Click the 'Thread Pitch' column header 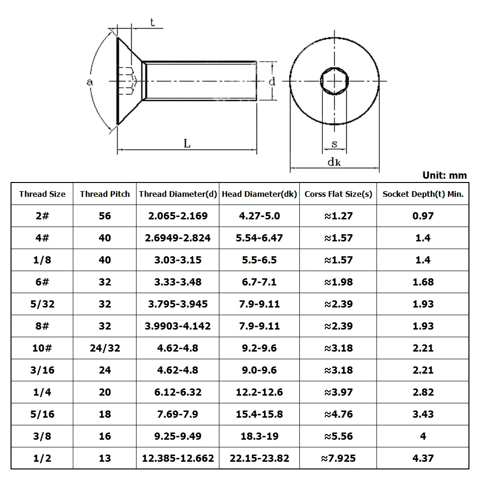point(104,194)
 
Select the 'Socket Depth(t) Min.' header point(422,194)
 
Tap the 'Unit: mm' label point(444,175)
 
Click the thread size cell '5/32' point(42,304)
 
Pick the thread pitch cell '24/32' point(104,348)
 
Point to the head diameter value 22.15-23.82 point(259,458)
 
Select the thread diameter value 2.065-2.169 point(178,216)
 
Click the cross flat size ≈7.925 point(338,458)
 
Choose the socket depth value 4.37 point(422,458)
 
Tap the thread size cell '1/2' point(42,458)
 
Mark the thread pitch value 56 point(104,216)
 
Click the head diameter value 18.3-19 point(259,436)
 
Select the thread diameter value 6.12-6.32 point(178,392)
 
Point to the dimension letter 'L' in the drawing point(187,143)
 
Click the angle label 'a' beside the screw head point(89,82)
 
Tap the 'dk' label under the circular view point(334,162)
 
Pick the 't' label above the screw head point(152,23)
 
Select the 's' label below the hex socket point(334,143)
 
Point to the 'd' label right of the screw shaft point(272,81)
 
